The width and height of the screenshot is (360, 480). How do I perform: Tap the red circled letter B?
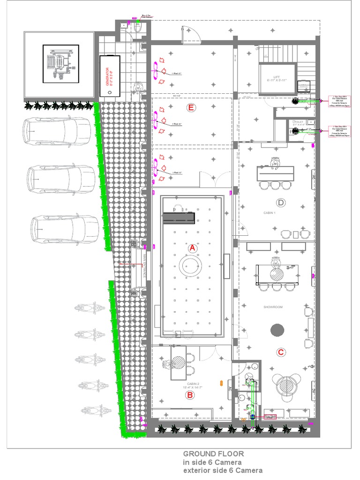coord(190,395)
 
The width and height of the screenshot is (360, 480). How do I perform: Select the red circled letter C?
coord(281,352)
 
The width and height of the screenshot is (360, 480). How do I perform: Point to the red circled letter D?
coord(281,202)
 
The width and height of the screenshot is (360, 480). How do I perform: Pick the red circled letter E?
coord(190,108)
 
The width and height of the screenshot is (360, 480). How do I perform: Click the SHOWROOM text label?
coord(273,307)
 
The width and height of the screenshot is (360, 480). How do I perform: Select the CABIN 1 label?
coord(270,213)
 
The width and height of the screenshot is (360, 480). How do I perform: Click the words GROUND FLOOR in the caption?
coord(213,454)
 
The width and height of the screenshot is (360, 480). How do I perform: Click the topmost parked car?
coord(56,131)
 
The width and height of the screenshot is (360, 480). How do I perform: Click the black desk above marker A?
coord(179,218)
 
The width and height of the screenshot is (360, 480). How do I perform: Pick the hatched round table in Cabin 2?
coord(178,363)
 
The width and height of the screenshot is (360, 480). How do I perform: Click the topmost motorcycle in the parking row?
coord(89,308)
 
